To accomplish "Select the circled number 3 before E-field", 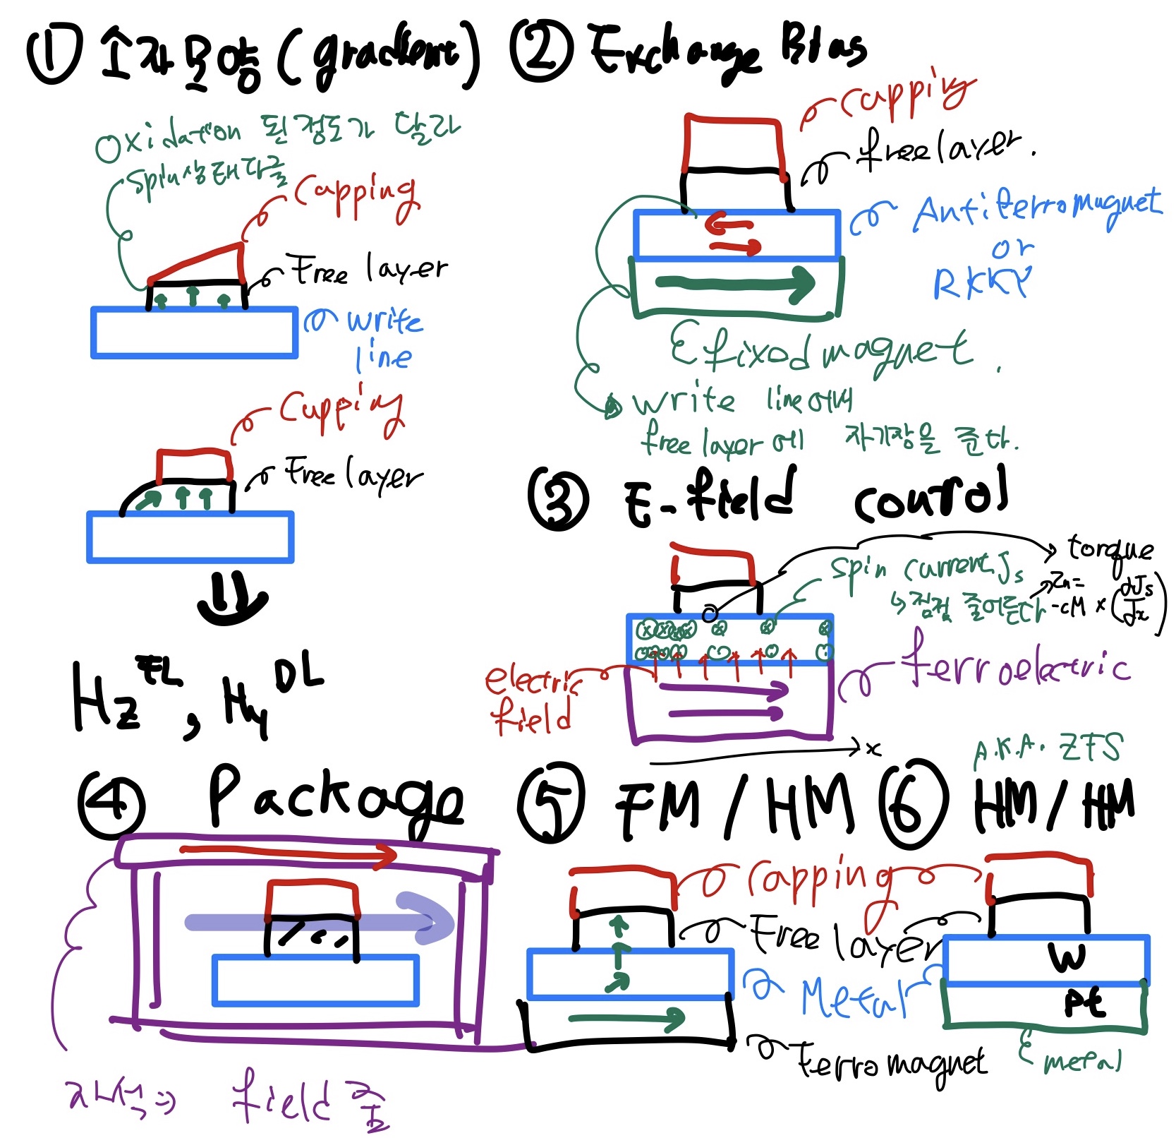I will click(x=557, y=499).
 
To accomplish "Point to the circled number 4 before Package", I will click(x=111, y=804).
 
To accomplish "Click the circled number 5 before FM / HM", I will click(x=551, y=803).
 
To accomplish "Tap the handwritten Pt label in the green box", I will click(x=1084, y=1002).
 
